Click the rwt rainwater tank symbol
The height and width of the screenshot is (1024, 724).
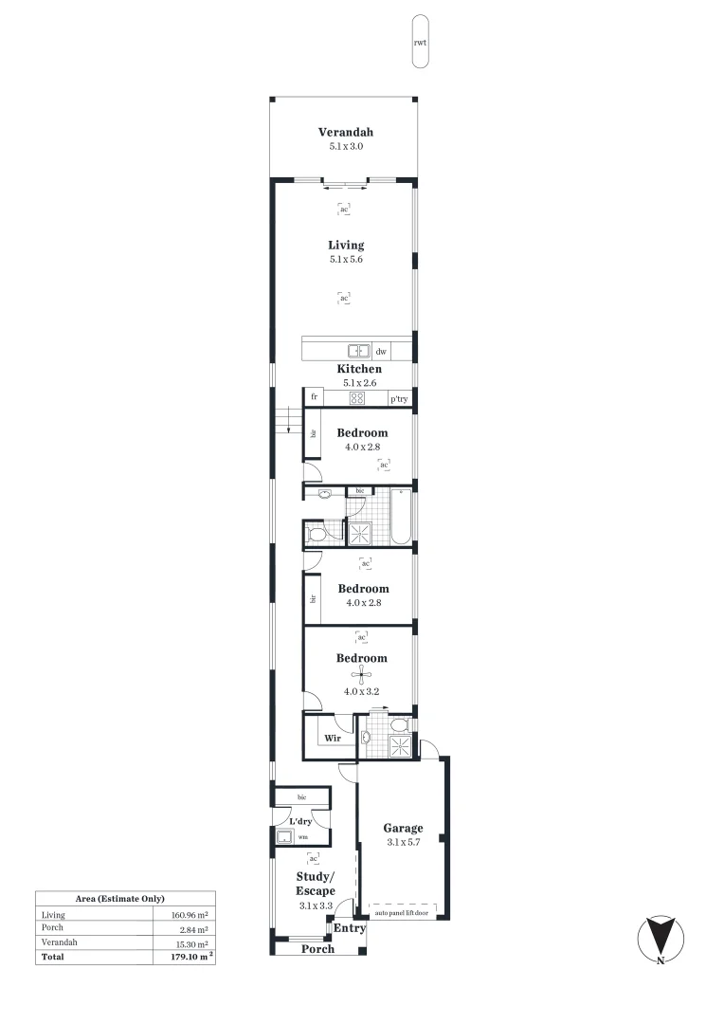point(420,43)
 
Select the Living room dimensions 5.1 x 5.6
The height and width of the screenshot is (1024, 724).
point(346,259)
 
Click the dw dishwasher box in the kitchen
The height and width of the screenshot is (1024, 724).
point(381,351)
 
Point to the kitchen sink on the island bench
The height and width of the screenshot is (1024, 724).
point(358,351)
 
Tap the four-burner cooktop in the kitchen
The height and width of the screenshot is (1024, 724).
point(357,398)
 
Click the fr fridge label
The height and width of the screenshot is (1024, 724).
point(313,397)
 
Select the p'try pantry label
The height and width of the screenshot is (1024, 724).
point(399,399)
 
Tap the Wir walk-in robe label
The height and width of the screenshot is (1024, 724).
point(333,737)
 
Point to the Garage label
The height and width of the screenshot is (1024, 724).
point(404,828)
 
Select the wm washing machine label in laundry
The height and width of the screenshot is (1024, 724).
point(302,837)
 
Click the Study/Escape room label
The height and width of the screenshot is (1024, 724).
point(315,885)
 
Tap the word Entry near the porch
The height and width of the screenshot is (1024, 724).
point(349,928)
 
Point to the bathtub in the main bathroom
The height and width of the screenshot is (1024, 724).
point(401,518)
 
